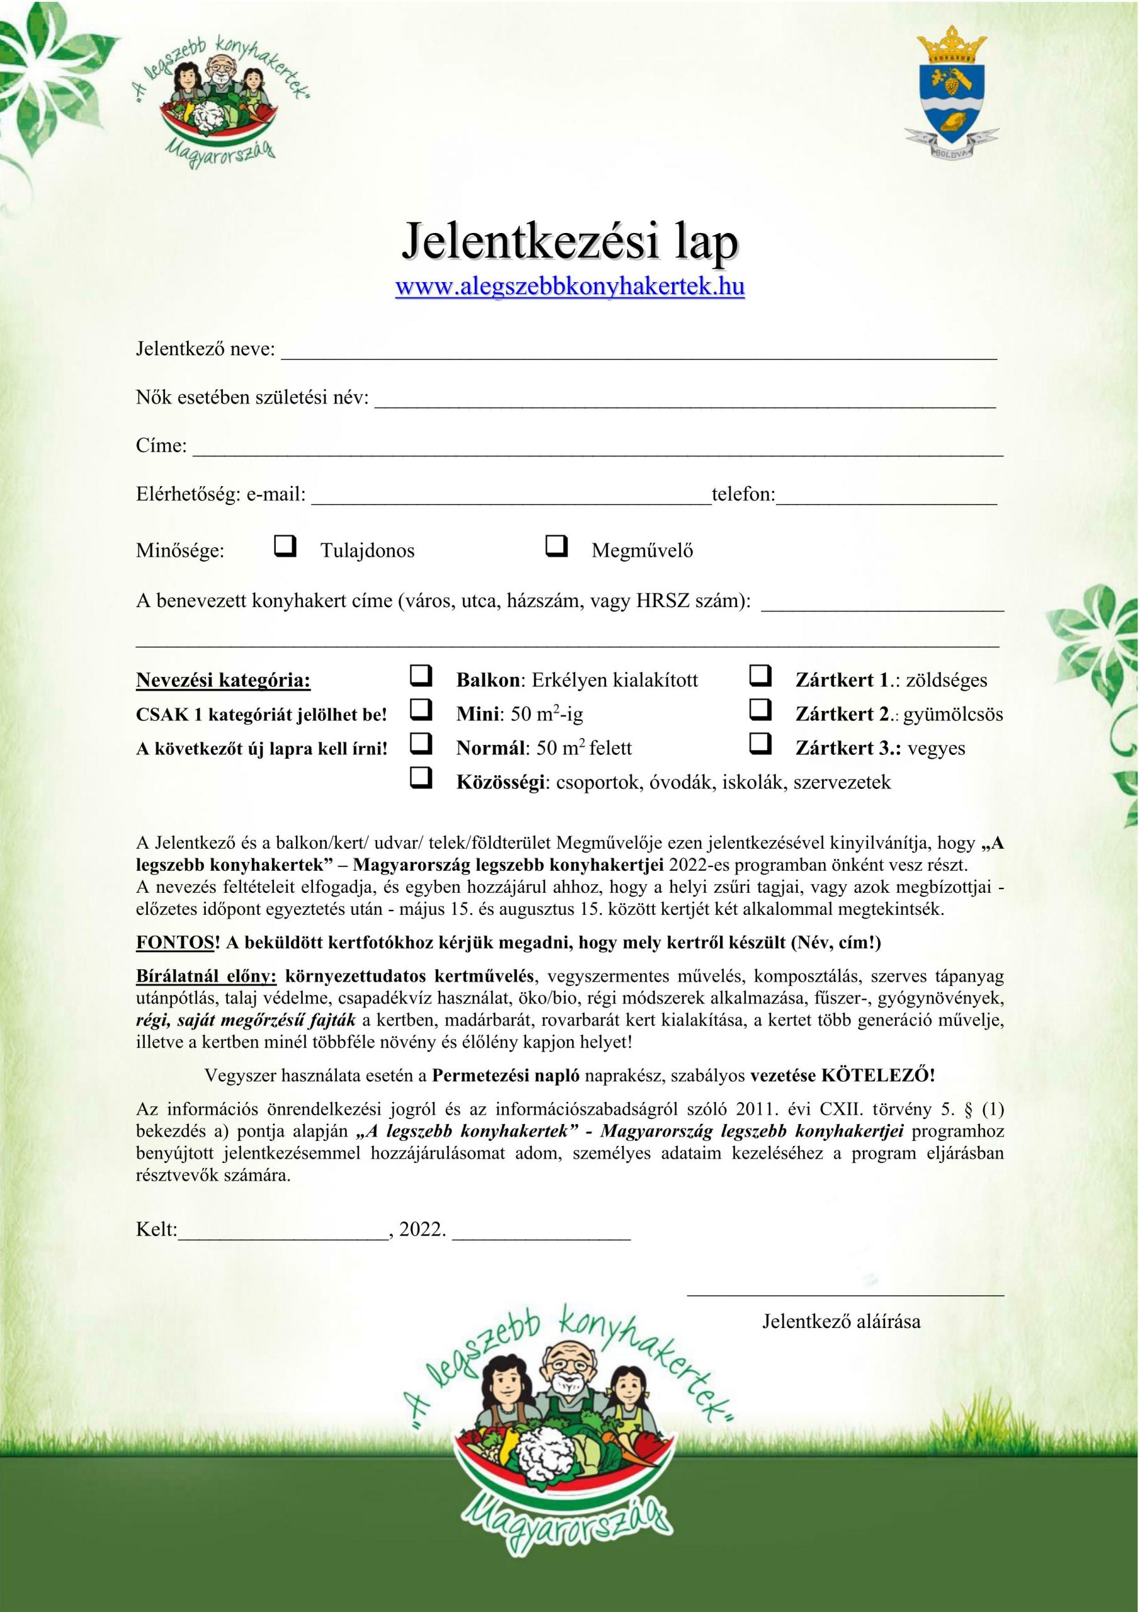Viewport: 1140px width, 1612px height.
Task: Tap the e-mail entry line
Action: point(511,498)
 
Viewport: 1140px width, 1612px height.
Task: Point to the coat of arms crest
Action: point(951,95)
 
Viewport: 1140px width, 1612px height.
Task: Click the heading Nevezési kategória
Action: point(223,680)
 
